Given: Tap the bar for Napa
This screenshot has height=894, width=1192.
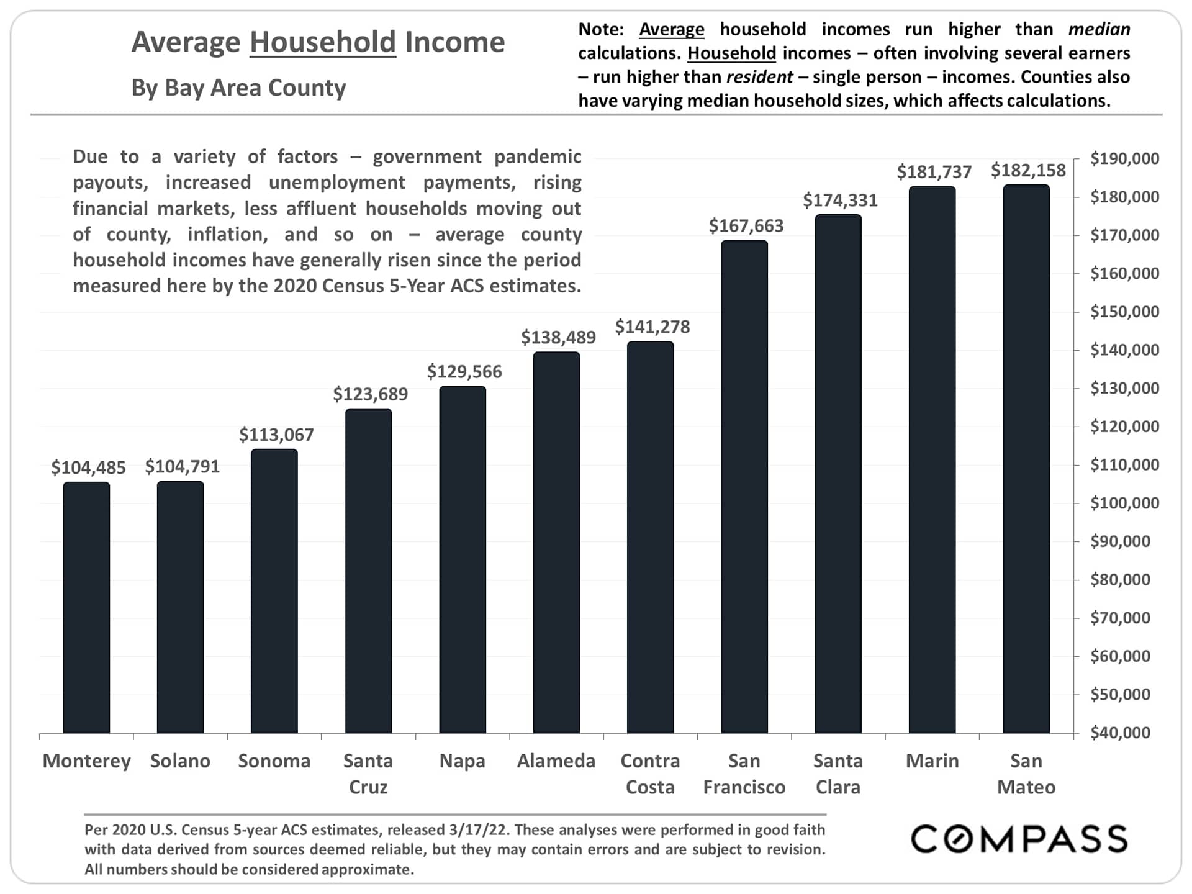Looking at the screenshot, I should click(463, 559).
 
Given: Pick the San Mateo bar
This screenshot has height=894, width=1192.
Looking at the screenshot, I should click(1026, 459).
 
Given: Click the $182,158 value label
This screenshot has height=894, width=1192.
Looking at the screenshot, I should click(1028, 170).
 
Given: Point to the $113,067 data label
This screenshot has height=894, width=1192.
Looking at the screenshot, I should click(276, 435).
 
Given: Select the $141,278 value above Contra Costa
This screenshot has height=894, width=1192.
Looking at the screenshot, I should click(652, 327).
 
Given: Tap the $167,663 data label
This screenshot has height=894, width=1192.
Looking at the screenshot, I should click(746, 225).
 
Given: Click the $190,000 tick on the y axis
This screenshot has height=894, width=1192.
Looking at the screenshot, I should click(1124, 158).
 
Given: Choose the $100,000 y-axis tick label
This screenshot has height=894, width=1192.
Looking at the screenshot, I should click(1124, 503).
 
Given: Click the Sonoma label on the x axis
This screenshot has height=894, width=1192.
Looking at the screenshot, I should click(274, 761).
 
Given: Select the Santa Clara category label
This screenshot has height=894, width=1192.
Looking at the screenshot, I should click(838, 774).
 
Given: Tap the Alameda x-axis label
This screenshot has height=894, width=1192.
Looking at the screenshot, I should click(556, 761).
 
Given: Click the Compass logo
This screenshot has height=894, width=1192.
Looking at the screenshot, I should click(1019, 839).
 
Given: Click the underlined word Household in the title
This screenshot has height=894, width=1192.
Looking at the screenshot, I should click(323, 42).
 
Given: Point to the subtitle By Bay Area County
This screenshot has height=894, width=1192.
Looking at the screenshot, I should click(238, 88).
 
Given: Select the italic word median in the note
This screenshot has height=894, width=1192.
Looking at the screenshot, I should click(1099, 29).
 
